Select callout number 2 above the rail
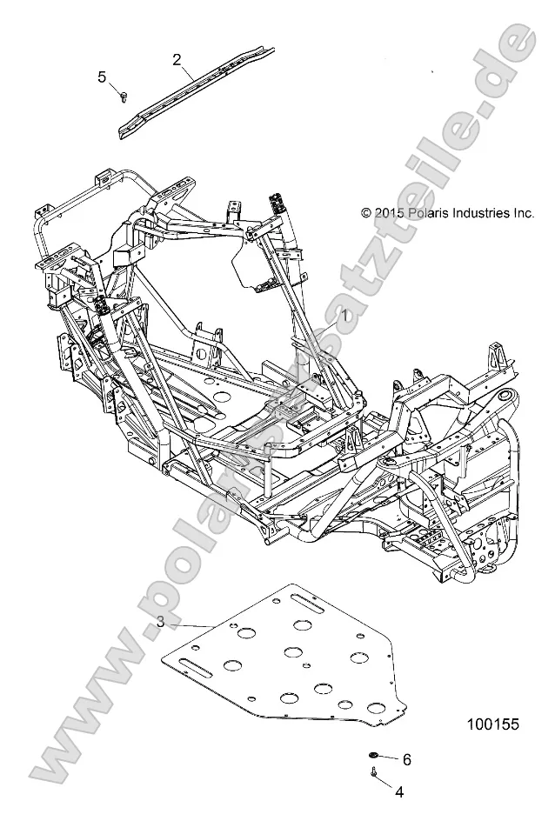point(177,59)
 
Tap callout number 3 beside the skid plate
point(161,621)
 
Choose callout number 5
point(102,77)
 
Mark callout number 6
point(405,759)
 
